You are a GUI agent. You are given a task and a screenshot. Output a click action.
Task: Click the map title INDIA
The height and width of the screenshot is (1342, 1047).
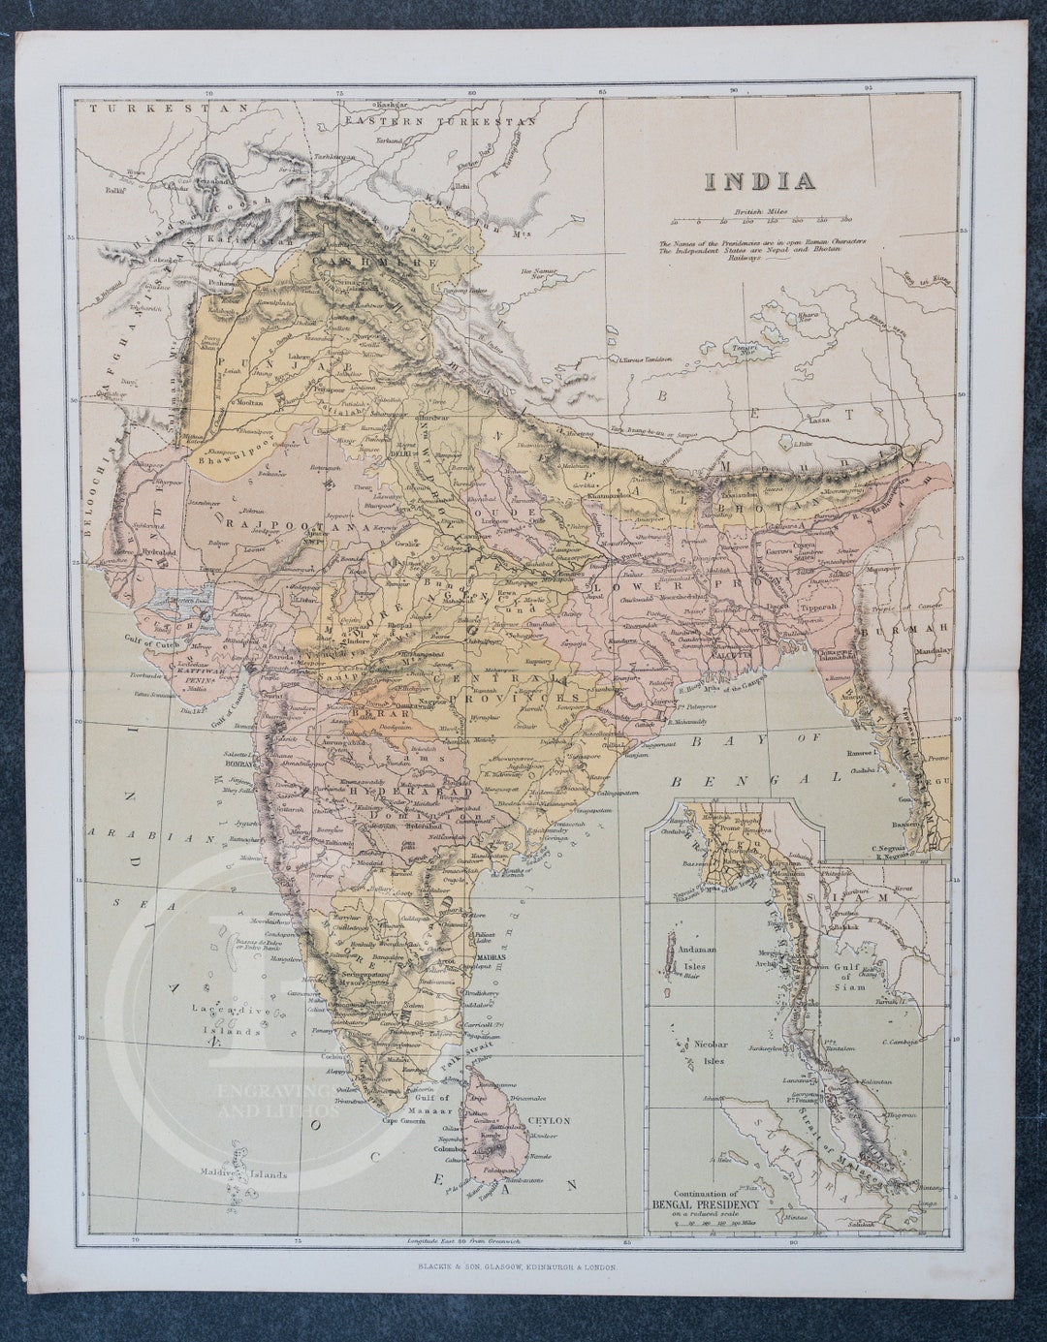[x=759, y=181]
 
